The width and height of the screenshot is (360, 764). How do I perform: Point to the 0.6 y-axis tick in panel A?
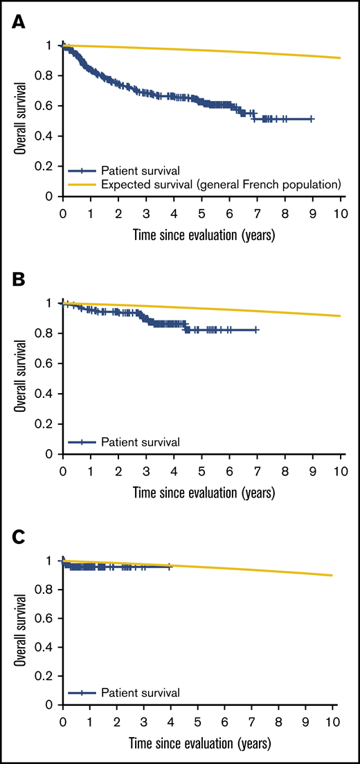click(49, 105)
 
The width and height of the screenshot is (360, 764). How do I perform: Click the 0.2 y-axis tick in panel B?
click(49, 424)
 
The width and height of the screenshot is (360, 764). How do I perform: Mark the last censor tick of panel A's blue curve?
click(312, 119)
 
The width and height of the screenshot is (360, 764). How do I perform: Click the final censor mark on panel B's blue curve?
click(256, 330)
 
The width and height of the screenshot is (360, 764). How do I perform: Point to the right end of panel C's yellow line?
click(332, 575)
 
